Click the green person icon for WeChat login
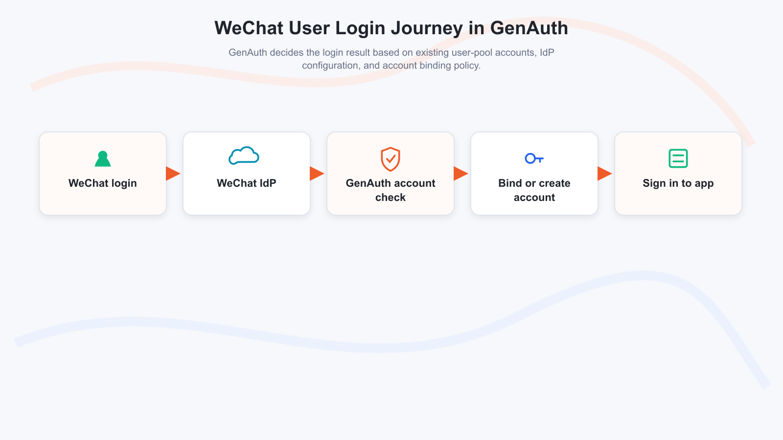point(103,159)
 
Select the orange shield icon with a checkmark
point(391,159)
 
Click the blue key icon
point(534,158)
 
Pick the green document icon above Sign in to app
point(678,158)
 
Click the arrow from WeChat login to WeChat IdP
point(173,174)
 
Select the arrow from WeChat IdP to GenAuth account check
point(317,174)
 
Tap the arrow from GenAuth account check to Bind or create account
point(461,174)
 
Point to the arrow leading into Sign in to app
point(605,174)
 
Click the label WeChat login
point(103,183)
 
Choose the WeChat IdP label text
point(247,183)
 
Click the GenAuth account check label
point(391,190)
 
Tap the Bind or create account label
point(534,190)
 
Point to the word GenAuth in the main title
point(529,28)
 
